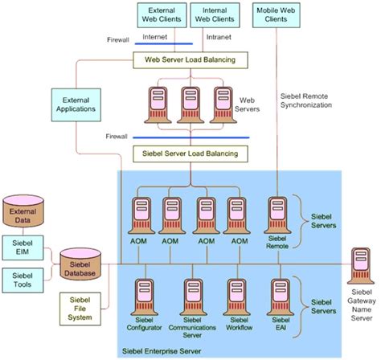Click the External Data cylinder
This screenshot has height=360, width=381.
[x=23, y=213]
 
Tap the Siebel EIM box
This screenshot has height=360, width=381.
[x=22, y=247]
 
